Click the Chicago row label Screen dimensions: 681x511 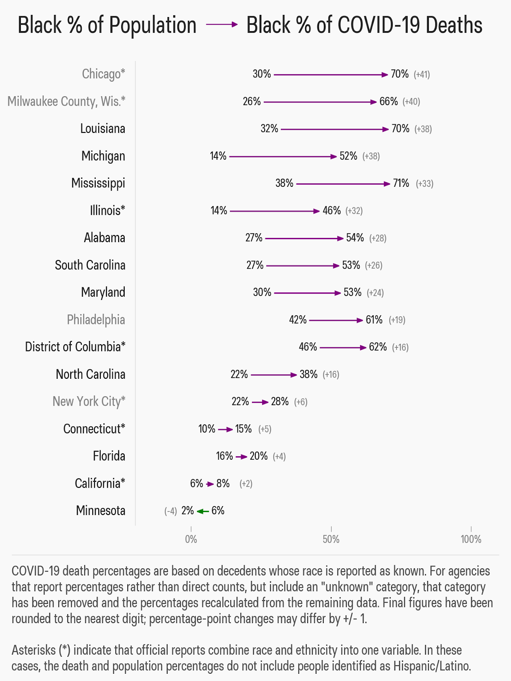103,74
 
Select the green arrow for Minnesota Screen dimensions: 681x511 203,511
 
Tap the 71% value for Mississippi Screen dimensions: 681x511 401,183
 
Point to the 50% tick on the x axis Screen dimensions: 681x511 331,529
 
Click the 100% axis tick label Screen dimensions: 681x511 471,539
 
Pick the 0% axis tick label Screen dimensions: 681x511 191,539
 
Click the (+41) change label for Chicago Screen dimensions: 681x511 422,74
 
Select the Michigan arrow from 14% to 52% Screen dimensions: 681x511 283,157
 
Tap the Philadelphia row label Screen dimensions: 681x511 96,320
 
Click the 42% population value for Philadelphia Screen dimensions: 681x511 298,320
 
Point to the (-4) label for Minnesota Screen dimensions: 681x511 171,511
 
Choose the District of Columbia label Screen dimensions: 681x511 75,347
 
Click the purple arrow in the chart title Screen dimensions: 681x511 222,25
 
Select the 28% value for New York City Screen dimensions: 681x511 280,402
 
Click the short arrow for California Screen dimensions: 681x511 210,484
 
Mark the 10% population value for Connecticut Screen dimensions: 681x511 207,429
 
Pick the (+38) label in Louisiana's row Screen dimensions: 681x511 423,129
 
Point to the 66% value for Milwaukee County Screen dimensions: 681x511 388,102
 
